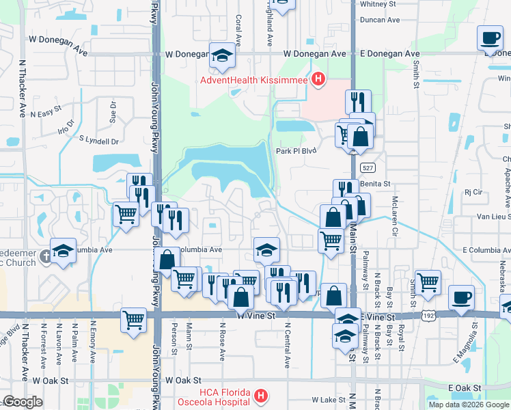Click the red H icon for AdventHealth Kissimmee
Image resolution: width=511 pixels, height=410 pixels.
pyautogui.click(x=318, y=80)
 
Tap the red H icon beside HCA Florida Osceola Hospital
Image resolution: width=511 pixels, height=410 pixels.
pyautogui.click(x=260, y=396)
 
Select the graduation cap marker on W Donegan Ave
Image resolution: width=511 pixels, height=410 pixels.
pyautogui.click(x=222, y=56)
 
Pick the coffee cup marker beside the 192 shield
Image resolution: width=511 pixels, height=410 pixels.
pyautogui.click(x=461, y=298)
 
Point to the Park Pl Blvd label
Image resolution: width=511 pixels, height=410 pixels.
pyautogui.click(x=296, y=151)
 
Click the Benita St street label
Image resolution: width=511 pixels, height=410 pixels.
pyautogui.click(x=376, y=184)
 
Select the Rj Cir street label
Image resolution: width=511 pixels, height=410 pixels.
pyautogui.click(x=473, y=193)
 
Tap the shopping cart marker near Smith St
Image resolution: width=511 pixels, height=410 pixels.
pyautogui.click(x=428, y=283)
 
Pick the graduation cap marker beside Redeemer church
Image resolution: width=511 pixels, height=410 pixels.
pyautogui.click(x=63, y=251)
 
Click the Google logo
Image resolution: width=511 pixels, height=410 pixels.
pyautogui.click(x=23, y=402)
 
